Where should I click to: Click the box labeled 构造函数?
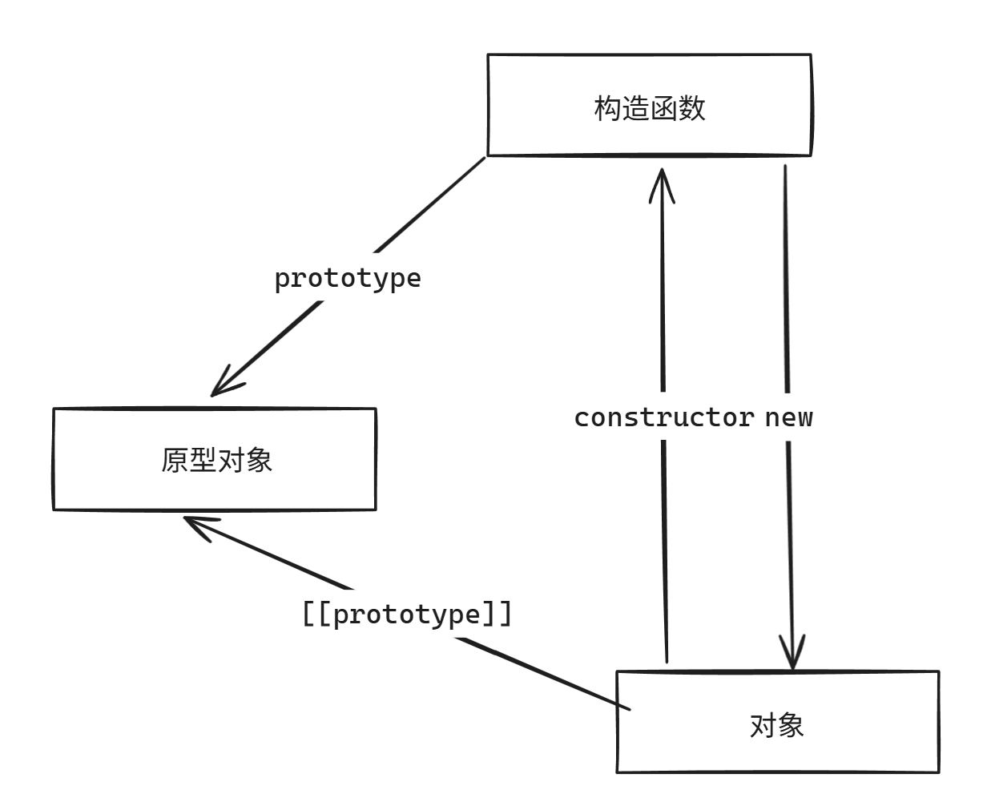point(649,105)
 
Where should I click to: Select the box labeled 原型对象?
point(215,459)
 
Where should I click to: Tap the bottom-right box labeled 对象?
point(777,722)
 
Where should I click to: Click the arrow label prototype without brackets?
point(347,278)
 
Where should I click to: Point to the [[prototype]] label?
point(406,615)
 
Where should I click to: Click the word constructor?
point(663,417)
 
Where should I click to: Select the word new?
point(788,417)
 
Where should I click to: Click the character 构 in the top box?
point(607,108)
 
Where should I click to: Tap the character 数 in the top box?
point(691,108)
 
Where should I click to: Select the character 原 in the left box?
point(175,461)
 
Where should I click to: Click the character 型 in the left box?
point(203,461)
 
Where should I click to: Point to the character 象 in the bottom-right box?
point(791,726)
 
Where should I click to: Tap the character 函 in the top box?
point(663,108)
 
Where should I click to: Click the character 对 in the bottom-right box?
point(763,726)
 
